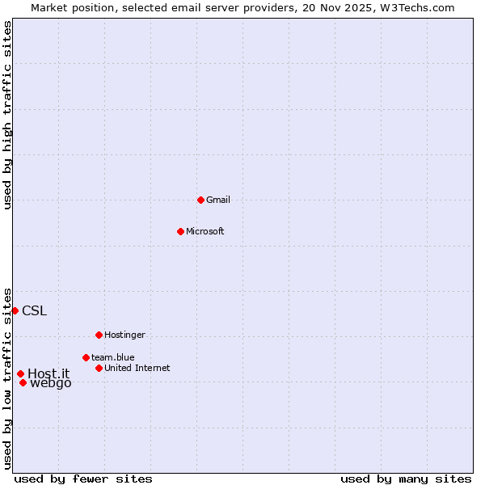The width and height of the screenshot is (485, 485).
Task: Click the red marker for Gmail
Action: point(200,200)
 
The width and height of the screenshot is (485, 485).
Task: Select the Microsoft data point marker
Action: point(180,231)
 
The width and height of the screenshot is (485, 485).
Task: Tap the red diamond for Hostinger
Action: point(99,335)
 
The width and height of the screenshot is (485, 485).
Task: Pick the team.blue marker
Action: point(86,357)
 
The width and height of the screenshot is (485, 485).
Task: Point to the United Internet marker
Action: point(99,368)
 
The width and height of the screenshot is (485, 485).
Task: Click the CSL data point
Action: point(15,310)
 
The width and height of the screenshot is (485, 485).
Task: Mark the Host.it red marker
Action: point(20,373)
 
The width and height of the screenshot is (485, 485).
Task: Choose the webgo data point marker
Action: point(23,382)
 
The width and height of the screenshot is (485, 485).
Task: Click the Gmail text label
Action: point(218,200)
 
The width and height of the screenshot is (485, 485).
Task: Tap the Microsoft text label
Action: point(205,231)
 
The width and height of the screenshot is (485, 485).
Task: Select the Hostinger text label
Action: point(124,335)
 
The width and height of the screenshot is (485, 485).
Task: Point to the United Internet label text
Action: point(137,368)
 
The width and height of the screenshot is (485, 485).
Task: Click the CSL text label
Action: point(35,310)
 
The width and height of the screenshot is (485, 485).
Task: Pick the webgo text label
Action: point(51,383)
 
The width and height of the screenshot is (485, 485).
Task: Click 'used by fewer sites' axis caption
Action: point(83,479)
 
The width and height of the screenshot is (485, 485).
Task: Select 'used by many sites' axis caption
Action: point(406,479)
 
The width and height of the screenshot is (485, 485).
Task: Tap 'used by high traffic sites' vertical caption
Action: point(7,115)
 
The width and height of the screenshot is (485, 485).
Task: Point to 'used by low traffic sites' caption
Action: point(7,378)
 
